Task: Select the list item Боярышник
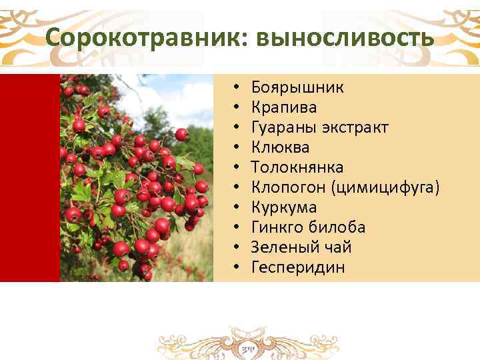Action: coord(298,87)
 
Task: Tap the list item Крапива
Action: coord(284,107)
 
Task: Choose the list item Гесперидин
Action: coord(298,267)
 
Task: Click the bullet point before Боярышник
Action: coord(237,88)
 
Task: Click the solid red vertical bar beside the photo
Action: coord(29,177)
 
